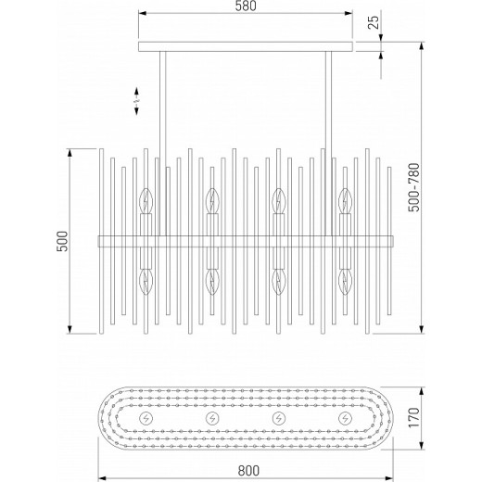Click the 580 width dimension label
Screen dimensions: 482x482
(246, 6)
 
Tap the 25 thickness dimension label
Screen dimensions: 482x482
(374, 22)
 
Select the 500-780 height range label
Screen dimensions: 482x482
(414, 187)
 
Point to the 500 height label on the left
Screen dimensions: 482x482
(62, 241)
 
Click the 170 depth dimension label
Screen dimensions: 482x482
(414, 417)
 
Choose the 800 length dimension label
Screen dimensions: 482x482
(248, 471)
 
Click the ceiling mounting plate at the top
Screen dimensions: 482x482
(246, 46)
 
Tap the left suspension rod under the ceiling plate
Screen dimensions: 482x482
(163, 144)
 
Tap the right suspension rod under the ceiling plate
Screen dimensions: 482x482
(328, 144)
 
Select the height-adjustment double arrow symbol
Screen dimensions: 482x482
(136, 101)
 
